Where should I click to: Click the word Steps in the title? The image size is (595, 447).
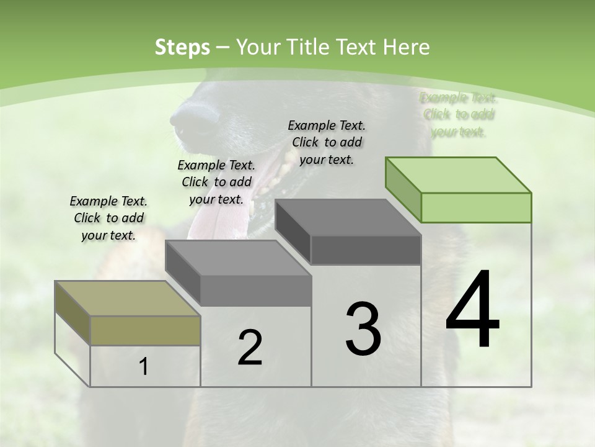[x=182, y=47]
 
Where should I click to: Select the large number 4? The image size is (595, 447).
[x=472, y=310]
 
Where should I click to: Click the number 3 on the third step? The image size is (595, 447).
[x=363, y=328]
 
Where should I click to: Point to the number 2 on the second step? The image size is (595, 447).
[x=250, y=348]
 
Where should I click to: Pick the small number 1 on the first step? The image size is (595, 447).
[x=144, y=367]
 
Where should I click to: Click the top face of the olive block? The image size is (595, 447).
[x=127, y=299]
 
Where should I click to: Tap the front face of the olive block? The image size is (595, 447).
[x=145, y=330]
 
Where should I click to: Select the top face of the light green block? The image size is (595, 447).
[x=459, y=175]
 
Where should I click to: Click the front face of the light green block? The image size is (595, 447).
[x=476, y=207]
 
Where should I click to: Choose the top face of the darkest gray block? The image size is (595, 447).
[x=348, y=217]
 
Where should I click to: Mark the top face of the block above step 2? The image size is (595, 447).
[x=238, y=258]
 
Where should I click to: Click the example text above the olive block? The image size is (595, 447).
[x=109, y=218]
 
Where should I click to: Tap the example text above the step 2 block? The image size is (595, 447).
[x=216, y=183]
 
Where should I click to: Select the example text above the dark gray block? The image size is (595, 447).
[x=327, y=142]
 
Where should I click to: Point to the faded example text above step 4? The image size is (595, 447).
[x=459, y=114]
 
